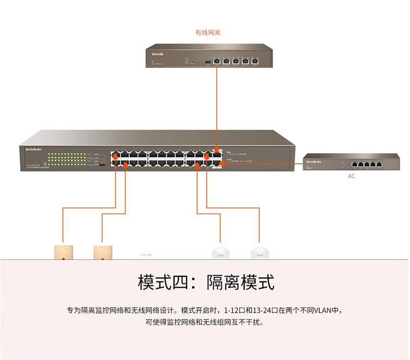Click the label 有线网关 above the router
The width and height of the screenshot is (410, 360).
pos(208,33)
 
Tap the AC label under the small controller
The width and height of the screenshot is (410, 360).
pos(351,176)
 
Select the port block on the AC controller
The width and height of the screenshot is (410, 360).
pos(366,164)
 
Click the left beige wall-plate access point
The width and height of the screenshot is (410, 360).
pos(62,252)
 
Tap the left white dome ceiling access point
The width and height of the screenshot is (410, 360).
pos(220,253)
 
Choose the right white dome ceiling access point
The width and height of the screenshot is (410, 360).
pos(260,253)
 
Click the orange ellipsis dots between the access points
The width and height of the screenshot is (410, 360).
pos(146,254)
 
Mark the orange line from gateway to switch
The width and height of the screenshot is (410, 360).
pos(217,103)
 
